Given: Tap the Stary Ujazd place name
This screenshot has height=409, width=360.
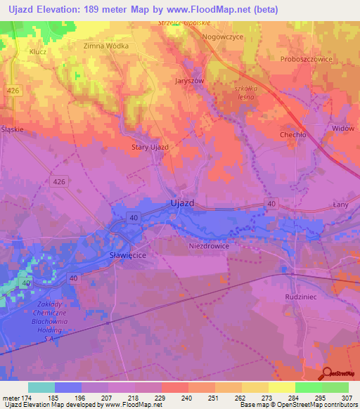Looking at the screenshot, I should tap(150, 147).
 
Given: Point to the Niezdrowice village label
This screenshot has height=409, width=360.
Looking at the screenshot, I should tap(209, 247).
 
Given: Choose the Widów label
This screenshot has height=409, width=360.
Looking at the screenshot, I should tap(342, 129).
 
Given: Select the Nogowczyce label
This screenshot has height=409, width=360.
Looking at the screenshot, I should tap(222, 36).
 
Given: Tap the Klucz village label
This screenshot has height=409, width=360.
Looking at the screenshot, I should tap(37, 51).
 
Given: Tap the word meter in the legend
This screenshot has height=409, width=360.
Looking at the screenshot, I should tap(12, 397).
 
